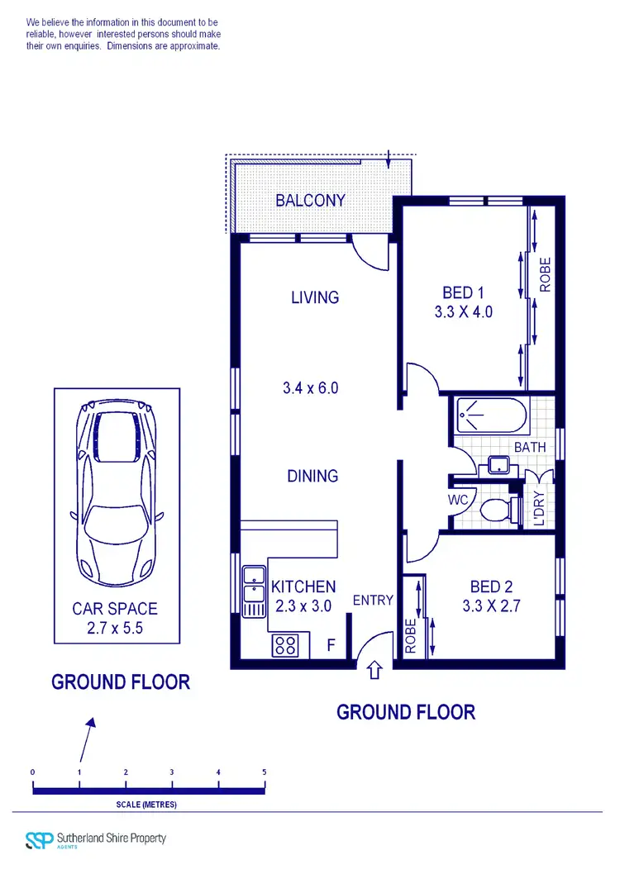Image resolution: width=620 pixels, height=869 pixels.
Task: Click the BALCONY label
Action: coord(310,201)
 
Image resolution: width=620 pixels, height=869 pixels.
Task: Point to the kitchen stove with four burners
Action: coord(285,644)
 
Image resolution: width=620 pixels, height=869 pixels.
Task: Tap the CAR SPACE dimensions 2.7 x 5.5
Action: coord(115,628)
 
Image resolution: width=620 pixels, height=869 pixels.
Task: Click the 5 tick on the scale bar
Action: coord(265,772)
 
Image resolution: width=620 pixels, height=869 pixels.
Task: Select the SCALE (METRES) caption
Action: coord(146,804)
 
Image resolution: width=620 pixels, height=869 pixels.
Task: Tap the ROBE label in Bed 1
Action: coord(545,275)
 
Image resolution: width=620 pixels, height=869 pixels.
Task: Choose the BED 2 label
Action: coord(491,586)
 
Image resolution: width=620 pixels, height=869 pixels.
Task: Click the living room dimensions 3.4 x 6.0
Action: coord(311,387)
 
